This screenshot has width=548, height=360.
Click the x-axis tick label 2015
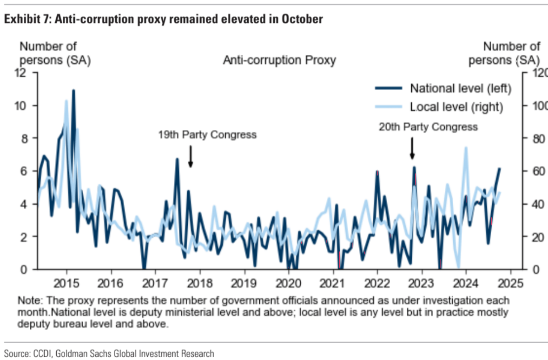[x=66, y=283]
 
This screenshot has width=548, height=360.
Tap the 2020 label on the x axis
[x=289, y=283]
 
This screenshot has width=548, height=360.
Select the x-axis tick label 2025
[x=511, y=283]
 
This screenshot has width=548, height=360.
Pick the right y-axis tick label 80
[x=535, y=139]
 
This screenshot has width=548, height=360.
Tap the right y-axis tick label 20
[x=535, y=237]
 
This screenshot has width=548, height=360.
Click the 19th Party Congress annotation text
[x=207, y=135]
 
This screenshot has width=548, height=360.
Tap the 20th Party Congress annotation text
[x=428, y=127]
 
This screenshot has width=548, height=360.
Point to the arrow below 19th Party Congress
[x=191, y=157]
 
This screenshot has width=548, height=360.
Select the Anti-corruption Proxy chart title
[x=279, y=60]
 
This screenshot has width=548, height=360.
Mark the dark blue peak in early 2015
[x=73, y=91]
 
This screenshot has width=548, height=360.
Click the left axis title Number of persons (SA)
[x=48, y=53]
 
